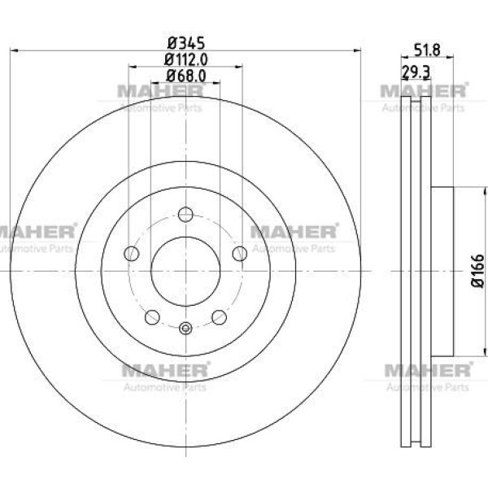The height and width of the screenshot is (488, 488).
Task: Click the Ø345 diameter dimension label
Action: point(185,43)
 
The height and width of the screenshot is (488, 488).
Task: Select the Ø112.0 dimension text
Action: point(185,59)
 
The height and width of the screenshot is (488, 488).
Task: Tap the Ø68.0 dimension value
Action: point(185,76)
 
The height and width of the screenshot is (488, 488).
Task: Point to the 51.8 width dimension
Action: point(427,50)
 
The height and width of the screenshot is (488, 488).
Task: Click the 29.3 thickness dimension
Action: point(416,72)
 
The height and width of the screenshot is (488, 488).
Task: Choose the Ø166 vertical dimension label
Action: point(478,271)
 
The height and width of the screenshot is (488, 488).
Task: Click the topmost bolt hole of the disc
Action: point(185,215)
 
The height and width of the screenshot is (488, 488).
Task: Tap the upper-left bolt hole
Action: point(131,253)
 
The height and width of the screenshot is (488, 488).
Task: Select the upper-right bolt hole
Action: point(240,253)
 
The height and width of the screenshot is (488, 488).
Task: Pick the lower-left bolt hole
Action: point(152,317)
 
